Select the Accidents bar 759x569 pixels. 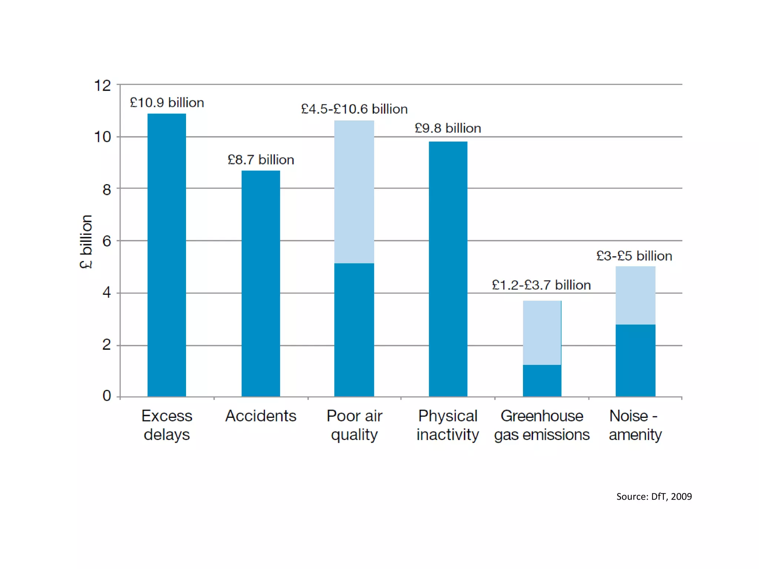click(261, 283)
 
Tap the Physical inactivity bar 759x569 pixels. click(448, 269)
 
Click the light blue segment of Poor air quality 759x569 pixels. click(354, 192)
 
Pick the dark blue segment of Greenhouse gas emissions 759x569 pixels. click(542, 380)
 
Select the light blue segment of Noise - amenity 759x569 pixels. click(635, 295)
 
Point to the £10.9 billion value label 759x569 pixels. click(167, 103)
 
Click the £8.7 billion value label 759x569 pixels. click(261, 160)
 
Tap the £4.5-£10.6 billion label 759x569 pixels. click(354, 109)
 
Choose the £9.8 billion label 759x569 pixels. click(448, 128)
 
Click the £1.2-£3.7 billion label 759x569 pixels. click(541, 285)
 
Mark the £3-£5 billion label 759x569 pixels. click(634, 256)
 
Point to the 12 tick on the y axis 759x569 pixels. click(103, 86)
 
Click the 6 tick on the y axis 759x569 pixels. click(107, 241)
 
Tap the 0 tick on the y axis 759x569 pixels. click(107, 396)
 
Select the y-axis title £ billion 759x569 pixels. click(86, 242)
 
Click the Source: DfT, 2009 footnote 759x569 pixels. click(654, 496)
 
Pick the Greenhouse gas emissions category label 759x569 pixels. click(541, 425)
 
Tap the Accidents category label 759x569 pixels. click(261, 416)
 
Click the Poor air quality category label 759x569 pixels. click(354, 425)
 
